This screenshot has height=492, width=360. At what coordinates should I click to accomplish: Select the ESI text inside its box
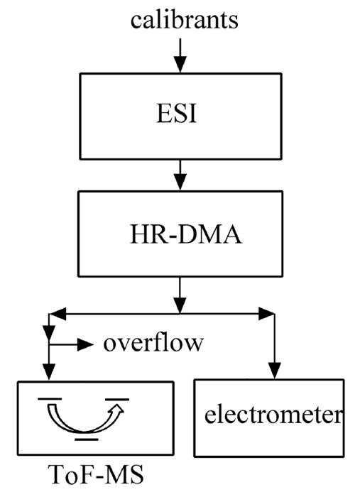click(x=177, y=113)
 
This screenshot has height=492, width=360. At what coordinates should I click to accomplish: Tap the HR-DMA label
click(x=186, y=234)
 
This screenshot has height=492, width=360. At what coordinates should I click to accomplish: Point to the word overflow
click(x=153, y=343)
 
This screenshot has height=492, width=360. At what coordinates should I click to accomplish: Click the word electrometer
click(x=273, y=415)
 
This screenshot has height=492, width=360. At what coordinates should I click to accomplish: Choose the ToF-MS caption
click(x=96, y=474)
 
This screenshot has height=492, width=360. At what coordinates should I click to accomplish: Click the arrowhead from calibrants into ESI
click(x=180, y=65)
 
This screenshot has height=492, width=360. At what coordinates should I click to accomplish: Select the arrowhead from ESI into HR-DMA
click(x=180, y=181)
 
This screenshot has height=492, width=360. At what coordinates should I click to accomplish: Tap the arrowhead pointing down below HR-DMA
click(x=180, y=305)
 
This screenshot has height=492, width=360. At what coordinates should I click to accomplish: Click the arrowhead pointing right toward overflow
click(x=85, y=344)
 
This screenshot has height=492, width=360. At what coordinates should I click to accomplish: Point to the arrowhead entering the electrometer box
click(x=274, y=371)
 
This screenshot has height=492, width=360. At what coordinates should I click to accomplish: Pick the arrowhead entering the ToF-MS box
click(x=49, y=372)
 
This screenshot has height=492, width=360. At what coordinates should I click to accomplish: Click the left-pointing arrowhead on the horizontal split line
click(x=58, y=314)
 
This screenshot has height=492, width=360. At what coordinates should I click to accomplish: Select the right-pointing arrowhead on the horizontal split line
click(x=267, y=314)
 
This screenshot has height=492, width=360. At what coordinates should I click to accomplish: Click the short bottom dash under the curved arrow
click(x=87, y=439)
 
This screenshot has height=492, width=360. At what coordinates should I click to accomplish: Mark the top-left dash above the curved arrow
click(x=50, y=399)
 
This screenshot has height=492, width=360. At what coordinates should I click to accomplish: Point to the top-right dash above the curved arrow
click(x=117, y=400)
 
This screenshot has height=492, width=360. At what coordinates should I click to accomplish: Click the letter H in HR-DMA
click(x=138, y=234)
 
